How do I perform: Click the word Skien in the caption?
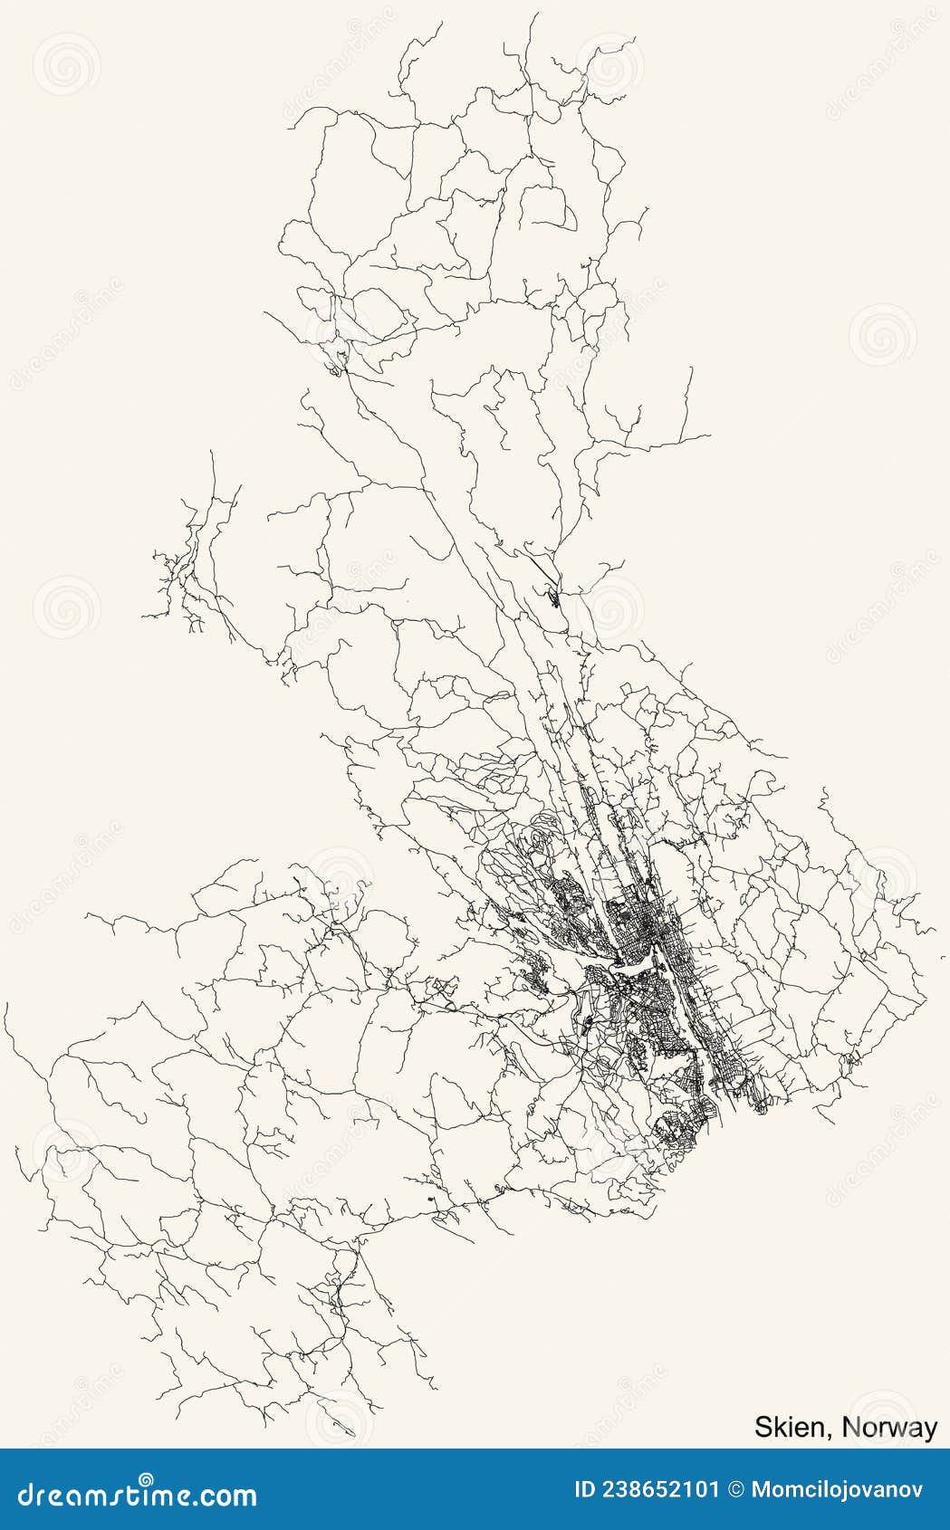click(x=788, y=1428)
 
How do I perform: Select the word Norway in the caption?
click(x=889, y=1428)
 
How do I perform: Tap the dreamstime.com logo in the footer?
click(x=138, y=1494)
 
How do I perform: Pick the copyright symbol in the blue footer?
click(x=735, y=1490)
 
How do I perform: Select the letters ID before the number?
click(x=587, y=1490)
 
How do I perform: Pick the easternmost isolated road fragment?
click(x=943, y=954)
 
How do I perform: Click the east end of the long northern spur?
click(x=710, y=436)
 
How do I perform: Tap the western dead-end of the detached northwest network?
click(x=142, y=617)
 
